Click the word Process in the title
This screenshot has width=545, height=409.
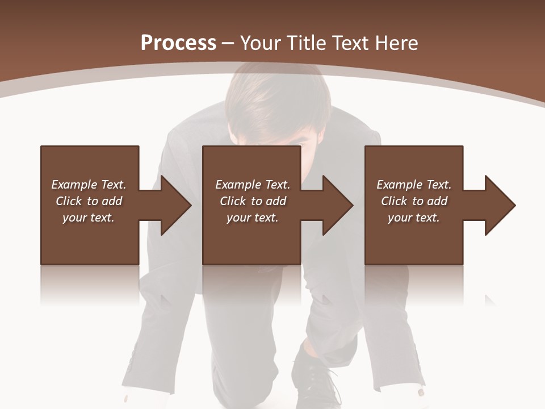click(178, 43)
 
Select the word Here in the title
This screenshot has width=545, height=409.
click(396, 43)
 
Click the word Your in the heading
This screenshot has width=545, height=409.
click(261, 43)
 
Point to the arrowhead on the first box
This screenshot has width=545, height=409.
click(173, 205)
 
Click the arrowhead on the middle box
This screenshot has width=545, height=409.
click(336, 205)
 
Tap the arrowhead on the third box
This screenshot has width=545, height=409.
click(498, 205)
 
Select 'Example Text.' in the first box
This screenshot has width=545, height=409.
click(89, 185)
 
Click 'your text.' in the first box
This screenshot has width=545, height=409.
click(89, 218)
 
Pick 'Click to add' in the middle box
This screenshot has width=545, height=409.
click(253, 201)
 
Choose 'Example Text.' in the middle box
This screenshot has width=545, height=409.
click(253, 185)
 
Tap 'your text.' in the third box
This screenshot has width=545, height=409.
click(414, 218)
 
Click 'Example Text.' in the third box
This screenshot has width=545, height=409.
click(414, 185)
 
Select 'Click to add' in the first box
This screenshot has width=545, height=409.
click(89, 201)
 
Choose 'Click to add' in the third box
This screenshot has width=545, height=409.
click(414, 201)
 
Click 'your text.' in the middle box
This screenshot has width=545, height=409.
click(253, 218)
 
